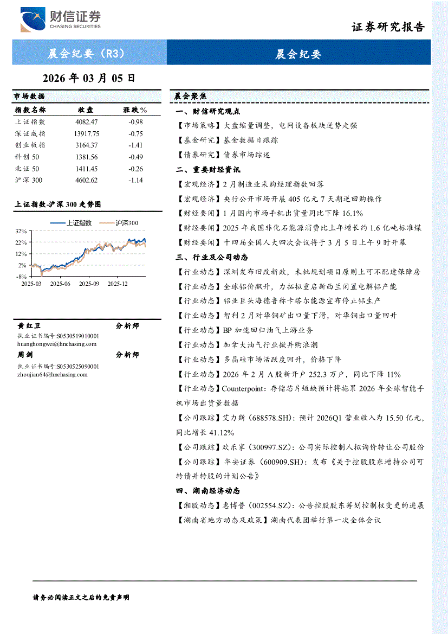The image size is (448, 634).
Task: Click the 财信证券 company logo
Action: pos(60,20)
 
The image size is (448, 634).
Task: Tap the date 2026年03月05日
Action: pos(88,78)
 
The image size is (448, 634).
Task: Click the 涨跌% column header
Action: pos(135,110)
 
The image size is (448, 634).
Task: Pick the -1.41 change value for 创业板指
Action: pos(135,145)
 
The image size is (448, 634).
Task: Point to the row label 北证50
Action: pos(27,169)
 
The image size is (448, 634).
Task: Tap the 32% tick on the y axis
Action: pos(21,230)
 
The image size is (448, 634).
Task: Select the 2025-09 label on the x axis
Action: pos(89,283)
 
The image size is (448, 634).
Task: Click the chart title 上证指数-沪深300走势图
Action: pos(57,204)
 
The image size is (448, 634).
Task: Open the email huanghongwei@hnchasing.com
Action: pos(57,344)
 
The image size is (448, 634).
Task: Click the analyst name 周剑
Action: pos(25,355)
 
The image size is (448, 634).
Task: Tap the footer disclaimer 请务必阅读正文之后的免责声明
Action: pos(81,597)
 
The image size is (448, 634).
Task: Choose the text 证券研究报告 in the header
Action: pos(388,27)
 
